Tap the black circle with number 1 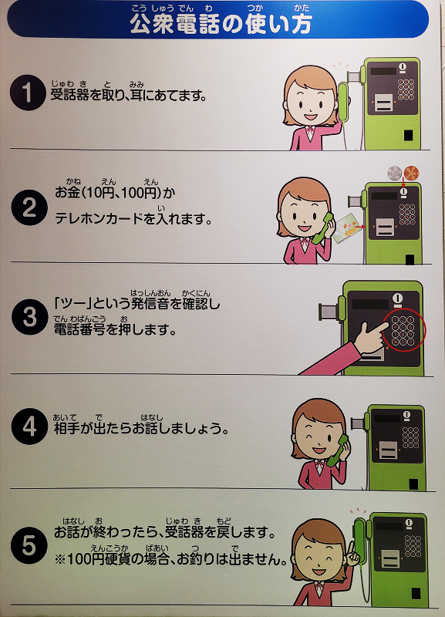pos(28,93)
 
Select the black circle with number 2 pos(29,207)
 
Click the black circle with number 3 pos(29,317)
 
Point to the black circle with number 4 pos(29,427)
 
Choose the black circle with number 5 pos(29,545)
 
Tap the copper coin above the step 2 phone pos(412,172)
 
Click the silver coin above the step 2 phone pos(395,173)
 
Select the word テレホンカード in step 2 pos(99,218)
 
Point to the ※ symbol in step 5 pos(60,559)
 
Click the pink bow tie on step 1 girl pos(310,131)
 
